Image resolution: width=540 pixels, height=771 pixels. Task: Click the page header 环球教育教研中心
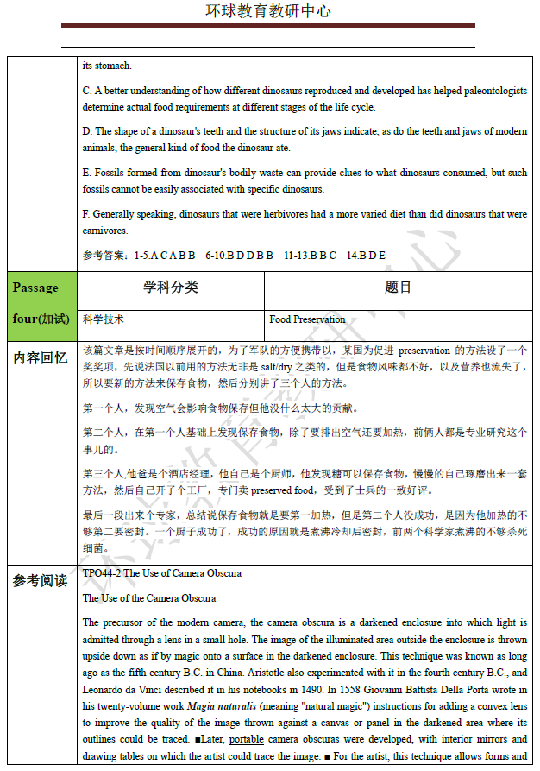click(267, 11)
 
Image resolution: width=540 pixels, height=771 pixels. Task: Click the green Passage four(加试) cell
click(41, 303)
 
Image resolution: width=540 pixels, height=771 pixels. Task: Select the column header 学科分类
click(171, 288)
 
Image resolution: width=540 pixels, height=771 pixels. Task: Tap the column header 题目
click(398, 288)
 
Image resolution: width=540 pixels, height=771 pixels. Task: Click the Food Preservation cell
click(307, 319)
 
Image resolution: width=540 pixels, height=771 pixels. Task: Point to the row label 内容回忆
click(41, 357)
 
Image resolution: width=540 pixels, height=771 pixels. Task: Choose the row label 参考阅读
click(41, 581)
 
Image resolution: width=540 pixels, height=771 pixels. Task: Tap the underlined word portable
click(247, 740)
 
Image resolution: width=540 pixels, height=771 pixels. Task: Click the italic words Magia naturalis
click(214, 706)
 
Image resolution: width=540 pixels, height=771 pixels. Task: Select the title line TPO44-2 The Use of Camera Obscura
click(161, 573)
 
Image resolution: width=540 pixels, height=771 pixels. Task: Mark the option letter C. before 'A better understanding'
click(87, 91)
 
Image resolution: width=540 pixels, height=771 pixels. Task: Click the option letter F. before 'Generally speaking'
click(86, 214)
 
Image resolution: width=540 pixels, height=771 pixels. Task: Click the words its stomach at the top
click(107, 66)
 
